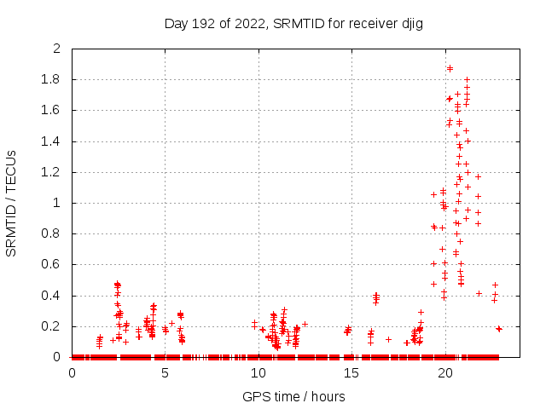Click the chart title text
tap(294, 23)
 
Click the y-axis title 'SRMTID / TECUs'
tap(12, 203)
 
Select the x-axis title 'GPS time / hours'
tap(294, 396)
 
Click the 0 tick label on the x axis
tap(72, 372)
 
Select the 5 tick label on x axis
tap(166, 372)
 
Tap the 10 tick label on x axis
tap(258, 372)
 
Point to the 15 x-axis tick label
tap(351, 372)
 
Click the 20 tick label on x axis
tap(444, 372)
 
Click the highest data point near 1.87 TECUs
tap(450, 68)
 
